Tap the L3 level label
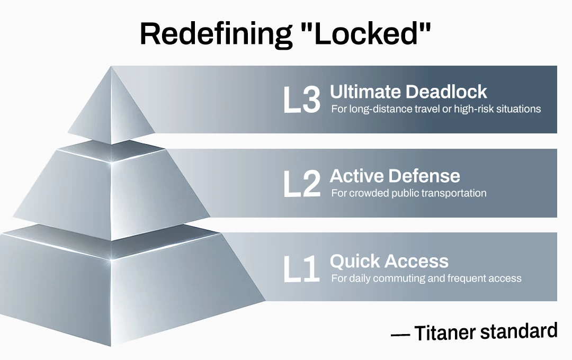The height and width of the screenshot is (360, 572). click(x=302, y=100)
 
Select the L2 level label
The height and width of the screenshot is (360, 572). click(x=302, y=184)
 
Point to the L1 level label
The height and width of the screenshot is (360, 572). click(x=301, y=269)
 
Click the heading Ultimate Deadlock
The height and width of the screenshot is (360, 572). click(x=408, y=91)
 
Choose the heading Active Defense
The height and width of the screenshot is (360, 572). click(x=395, y=176)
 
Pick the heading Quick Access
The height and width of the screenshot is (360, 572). click(x=389, y=261)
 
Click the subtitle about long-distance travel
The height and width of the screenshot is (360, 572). click(x=436, y=109)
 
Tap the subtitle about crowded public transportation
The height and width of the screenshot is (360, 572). click(x=408, y=193)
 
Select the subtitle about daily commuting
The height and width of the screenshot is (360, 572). click(x=426, y=278)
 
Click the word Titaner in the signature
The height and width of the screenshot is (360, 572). click(x=445, y=332)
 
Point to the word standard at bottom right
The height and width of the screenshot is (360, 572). click(x=519, y=330)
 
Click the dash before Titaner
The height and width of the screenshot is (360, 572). click(x=400, y=334)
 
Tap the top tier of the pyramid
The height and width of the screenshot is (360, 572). click(x=111, y=106)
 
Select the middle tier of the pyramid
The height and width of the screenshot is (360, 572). click(x=112, y=190)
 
